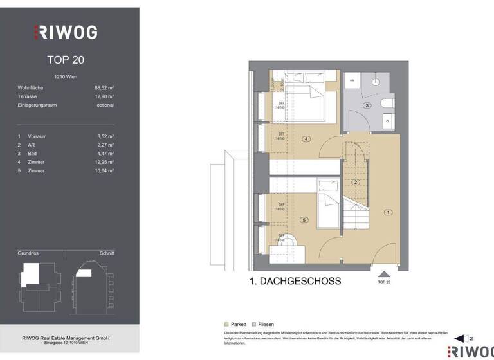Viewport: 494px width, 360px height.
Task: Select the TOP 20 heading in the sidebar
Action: click(66, 60)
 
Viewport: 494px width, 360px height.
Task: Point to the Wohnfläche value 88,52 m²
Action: click(104, 87)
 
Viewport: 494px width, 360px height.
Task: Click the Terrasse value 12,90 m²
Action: click(104, 96)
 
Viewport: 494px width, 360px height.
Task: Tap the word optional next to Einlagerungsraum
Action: click(105, 105)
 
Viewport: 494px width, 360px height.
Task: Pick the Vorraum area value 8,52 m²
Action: click(105, 136)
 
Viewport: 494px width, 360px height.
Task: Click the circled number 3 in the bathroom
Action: click(367, 105)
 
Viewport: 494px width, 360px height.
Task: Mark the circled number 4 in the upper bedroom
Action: click(306, 139)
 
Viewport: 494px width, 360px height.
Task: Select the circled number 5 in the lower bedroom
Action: click(304, 221)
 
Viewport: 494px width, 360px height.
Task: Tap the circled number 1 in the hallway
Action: click(388, 212)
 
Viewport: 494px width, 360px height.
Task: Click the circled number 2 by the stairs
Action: click(355, 182)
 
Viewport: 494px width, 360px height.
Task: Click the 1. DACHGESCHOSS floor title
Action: click(295, 281)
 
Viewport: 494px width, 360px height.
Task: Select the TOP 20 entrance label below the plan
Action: click(383, 282)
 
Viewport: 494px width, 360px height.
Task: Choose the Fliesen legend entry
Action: click(264, 325)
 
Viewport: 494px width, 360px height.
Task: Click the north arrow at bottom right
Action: click(462, 338)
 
